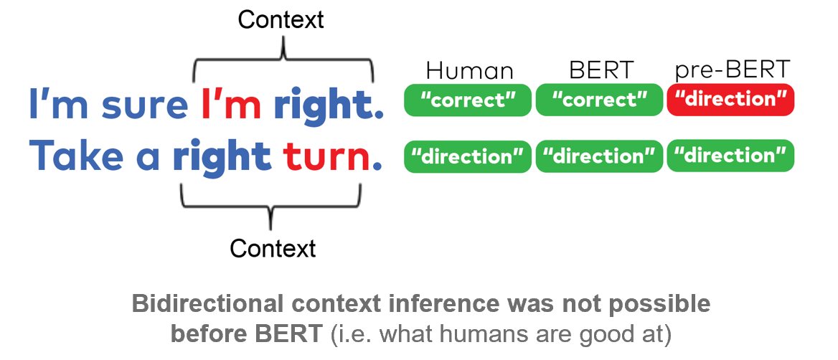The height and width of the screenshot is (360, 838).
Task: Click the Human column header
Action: pos(469,71)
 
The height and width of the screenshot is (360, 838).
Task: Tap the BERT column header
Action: pos(601,70)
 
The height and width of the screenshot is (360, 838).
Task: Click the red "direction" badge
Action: pos(730,100)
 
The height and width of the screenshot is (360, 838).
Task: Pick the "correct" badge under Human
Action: pos(468,100)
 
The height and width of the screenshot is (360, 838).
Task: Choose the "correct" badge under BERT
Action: pos(599,100)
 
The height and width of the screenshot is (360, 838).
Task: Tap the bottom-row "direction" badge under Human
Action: pos(468,156)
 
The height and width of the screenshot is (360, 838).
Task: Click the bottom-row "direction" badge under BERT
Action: pos(599,156)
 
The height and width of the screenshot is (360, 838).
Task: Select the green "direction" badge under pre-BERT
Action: pos(730,156)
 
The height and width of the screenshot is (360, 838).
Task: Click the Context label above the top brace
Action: pos(281,20)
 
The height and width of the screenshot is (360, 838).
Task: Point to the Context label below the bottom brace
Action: pos(273,248)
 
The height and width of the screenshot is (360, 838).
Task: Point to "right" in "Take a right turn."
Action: pos(221,158)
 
